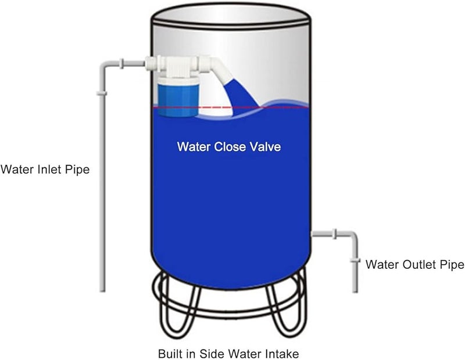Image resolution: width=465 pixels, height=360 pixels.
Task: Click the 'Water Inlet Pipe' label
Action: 45,170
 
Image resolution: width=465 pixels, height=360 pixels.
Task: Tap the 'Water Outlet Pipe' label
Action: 414,265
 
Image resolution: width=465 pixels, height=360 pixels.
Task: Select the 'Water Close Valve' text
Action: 229,147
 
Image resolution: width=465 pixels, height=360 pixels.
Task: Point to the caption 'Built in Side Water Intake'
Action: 228,352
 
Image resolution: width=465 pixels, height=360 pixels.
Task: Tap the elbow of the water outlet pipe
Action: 352,236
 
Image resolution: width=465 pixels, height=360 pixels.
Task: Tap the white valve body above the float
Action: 174,64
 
